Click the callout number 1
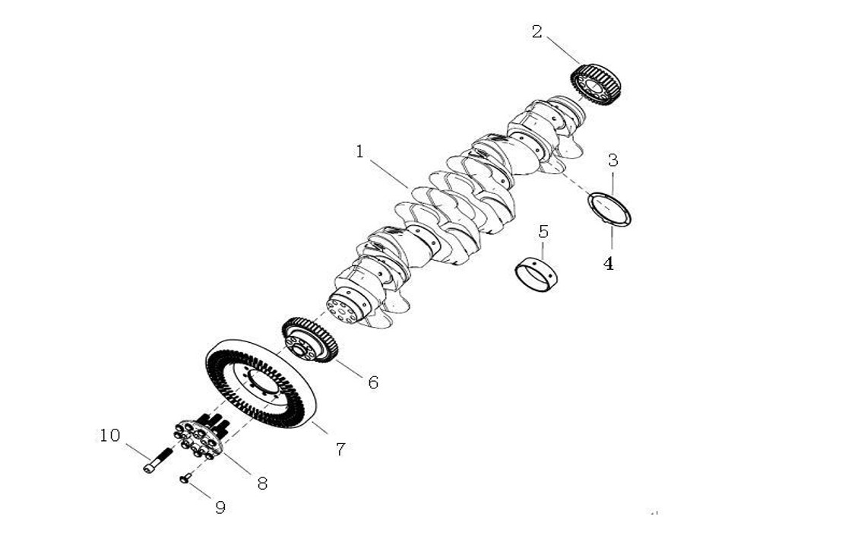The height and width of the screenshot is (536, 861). [x=359, y=151]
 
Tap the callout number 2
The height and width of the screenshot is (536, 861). [x=537, y=32]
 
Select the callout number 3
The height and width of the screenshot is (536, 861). [x=613, y=160]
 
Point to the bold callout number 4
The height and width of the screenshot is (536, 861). [x=609, y=264]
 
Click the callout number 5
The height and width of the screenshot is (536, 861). [x=543, y=231]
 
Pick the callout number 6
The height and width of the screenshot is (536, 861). [x=373, y=382]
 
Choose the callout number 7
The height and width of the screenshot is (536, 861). [x=340, y=449]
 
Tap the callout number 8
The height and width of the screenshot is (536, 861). [x=262, y=483]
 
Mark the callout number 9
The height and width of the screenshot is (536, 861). [x=220, y=507]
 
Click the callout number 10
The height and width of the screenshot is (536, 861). [x=110, y=435]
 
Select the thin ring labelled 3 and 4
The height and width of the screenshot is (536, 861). [x=610, y=209]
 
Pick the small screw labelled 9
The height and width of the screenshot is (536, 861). [x=185, y=478]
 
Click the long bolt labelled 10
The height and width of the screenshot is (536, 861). [x=157, y=460]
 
